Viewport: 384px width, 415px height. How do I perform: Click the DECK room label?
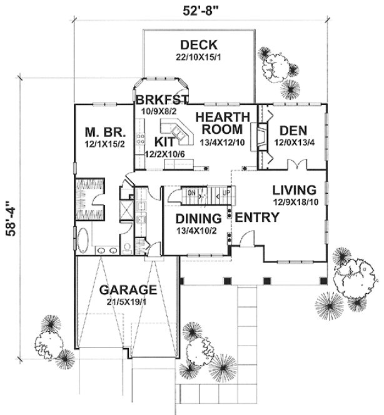point(198,45)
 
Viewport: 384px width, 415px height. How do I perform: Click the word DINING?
point(199,219)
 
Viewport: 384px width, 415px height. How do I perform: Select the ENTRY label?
point(256,218)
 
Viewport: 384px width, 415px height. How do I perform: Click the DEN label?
point(292,131)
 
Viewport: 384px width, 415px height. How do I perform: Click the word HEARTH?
point(223,117)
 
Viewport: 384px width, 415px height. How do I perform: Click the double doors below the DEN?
point(296,165)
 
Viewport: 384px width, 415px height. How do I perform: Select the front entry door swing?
point(247,239)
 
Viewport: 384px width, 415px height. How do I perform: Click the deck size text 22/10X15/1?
point(198,57)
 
